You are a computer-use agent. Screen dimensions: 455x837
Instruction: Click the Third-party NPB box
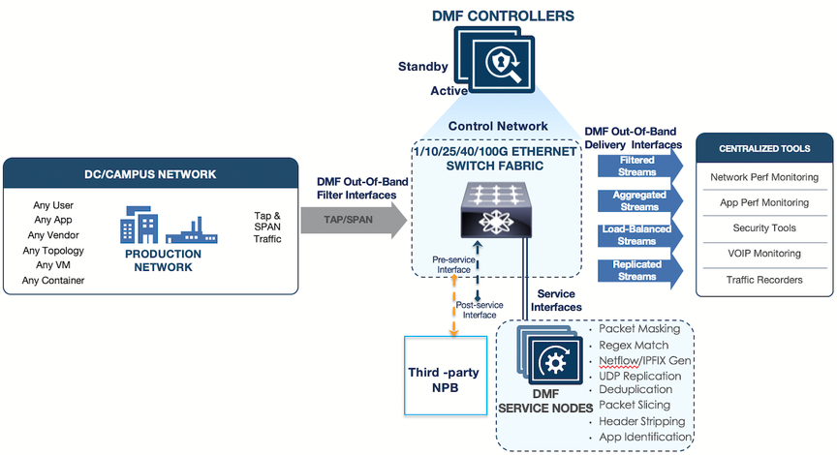click(x=445, y=375)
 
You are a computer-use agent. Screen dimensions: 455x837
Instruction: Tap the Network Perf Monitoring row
click(x=763, y=177)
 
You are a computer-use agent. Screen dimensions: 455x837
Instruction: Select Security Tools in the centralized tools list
click(x=763, y=227)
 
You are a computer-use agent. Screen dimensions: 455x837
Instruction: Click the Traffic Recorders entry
click(x=763, y=279)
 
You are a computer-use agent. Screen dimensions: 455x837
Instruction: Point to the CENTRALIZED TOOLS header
click(x=763, y=148)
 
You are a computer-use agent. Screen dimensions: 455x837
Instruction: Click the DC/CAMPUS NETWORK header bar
click(x=149, y=175)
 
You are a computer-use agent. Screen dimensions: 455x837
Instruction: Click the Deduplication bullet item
click(x=635, y=390)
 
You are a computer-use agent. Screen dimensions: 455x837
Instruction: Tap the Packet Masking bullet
click(x=638, y=329)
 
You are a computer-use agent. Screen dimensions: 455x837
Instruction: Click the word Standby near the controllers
click(x=422, y=67)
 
